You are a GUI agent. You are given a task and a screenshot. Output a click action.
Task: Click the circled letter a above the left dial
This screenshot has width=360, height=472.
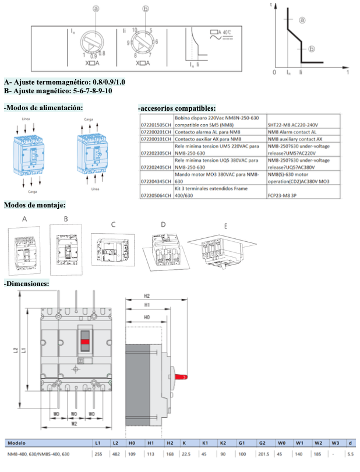(x=96, y=9)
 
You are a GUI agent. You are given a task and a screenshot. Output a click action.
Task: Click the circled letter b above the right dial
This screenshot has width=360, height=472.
(x=146, y=9)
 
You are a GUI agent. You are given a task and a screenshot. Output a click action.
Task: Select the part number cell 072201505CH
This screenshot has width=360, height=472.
(x=156, y=124)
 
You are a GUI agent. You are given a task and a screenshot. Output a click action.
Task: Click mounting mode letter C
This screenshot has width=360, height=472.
(x=113, y=224)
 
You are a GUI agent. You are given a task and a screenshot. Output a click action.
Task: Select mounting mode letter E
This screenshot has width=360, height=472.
(x=225, y=226)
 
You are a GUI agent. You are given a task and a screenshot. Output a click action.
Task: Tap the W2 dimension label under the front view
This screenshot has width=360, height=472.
(x=75, y=424)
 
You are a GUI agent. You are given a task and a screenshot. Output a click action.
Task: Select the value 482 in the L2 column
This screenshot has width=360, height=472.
(x=115, y=454)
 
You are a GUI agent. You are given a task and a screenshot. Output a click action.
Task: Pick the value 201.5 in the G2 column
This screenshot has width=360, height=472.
(x=263, y=454)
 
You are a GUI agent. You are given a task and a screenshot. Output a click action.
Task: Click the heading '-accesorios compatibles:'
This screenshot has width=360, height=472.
(x=177, y=108)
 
